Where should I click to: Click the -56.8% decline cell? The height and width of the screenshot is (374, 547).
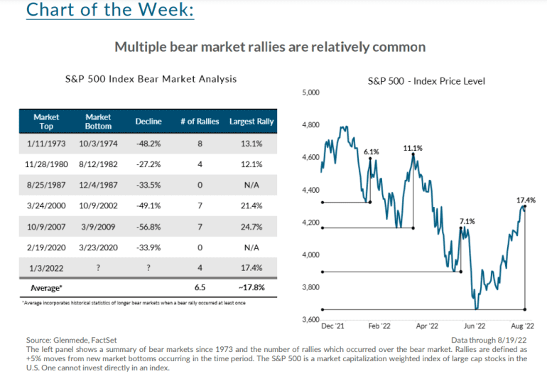[148, 227]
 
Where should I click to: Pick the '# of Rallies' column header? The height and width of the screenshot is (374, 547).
[200, 121]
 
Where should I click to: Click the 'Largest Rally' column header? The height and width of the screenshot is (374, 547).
[252, 121]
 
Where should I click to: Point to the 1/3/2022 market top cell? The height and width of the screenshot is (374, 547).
[46, 268]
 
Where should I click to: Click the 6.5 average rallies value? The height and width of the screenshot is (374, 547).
[200, 289]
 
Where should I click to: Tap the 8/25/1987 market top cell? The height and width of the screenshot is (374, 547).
[46, 185]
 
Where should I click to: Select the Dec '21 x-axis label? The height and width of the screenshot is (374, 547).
[332, 326]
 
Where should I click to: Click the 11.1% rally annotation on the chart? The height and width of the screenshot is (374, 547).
[413, 149]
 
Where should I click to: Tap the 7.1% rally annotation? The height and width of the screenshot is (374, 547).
[467, 221]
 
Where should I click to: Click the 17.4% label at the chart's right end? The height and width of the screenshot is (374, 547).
[524, 201]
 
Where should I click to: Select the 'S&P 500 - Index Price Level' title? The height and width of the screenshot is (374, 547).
[426, 81]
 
